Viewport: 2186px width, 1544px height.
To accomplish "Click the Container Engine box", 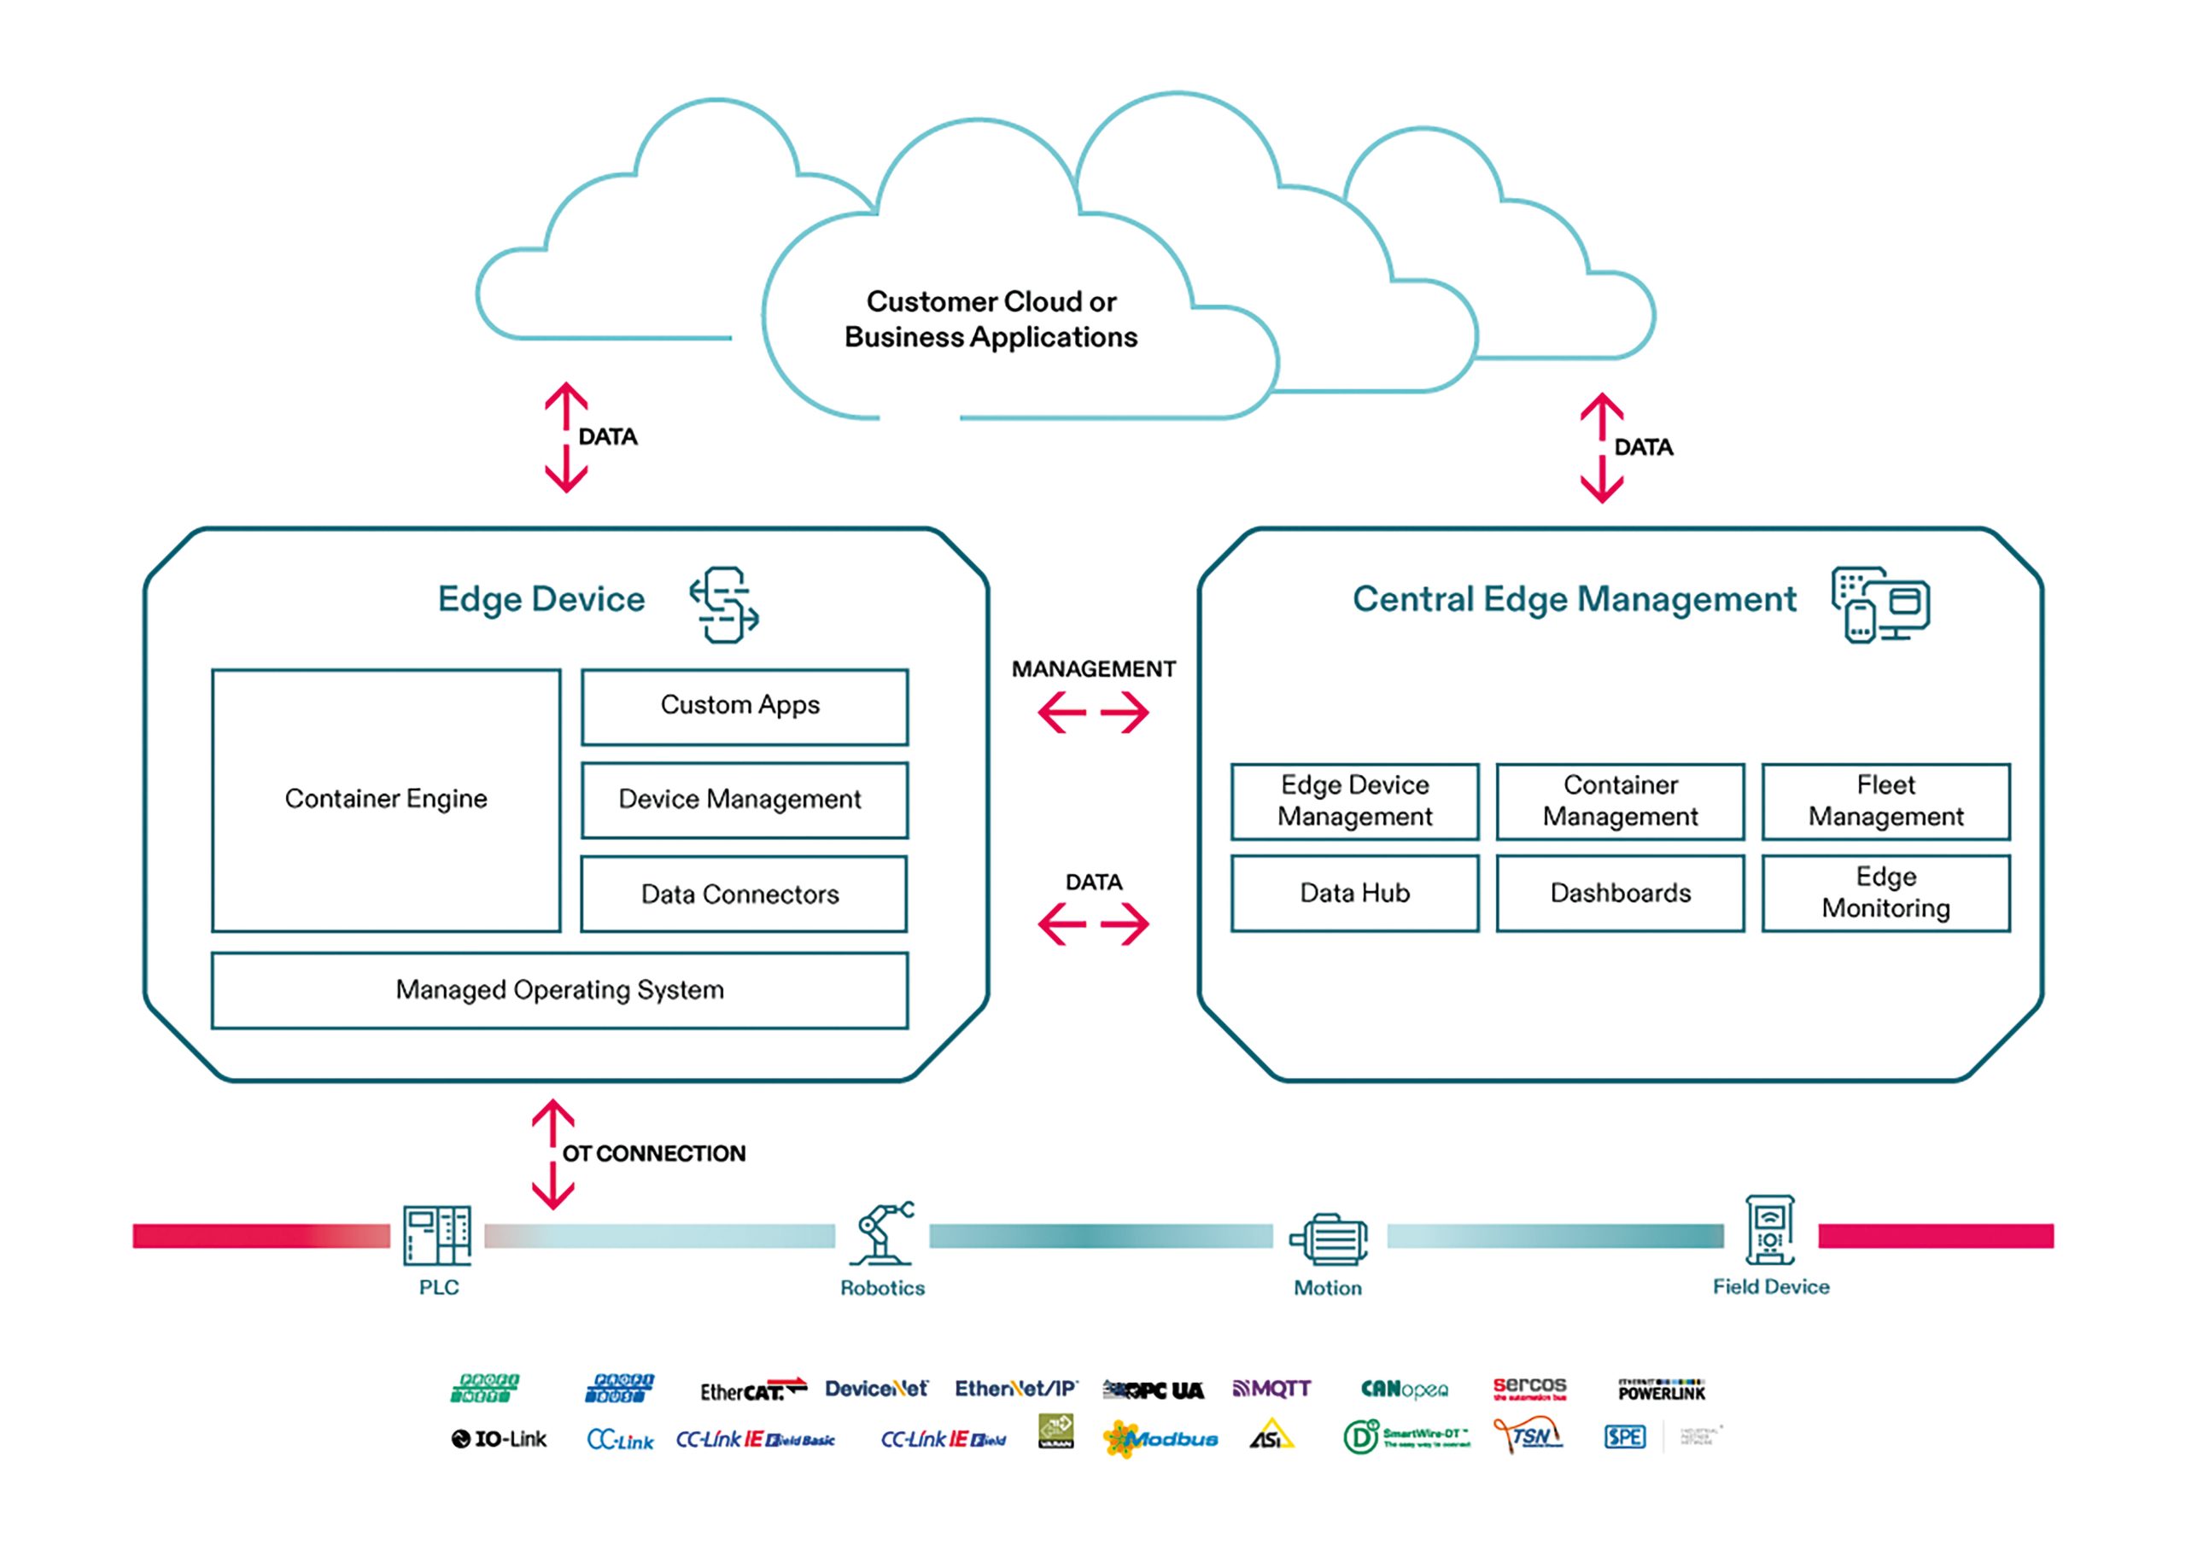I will [386, 800].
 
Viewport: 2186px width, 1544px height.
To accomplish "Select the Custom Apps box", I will [744, 707].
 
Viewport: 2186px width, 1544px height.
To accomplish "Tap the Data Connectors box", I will [744, 894].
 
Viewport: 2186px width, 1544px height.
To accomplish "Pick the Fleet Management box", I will [1885, 801].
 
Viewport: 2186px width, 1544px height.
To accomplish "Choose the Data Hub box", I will [1354, 893].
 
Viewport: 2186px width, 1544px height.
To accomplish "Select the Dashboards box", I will [1620, 893].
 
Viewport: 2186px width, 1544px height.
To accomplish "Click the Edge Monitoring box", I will [1885, 893].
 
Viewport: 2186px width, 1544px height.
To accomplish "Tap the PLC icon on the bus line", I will [437, 1235].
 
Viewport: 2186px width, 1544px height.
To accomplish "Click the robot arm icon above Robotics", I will [883, 1232].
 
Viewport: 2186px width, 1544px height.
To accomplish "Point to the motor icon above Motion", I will [1328, 1238].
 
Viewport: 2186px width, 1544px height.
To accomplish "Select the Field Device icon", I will [1770, 1230].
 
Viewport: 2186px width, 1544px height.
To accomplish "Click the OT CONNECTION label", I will [653, 1154].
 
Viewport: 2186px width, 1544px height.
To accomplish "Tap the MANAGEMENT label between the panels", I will [1093, 669].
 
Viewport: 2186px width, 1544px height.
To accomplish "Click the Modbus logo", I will [1160, 1438].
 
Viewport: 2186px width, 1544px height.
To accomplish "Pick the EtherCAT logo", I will [753, 1390].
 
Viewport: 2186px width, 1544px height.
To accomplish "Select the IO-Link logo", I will [499, 1438].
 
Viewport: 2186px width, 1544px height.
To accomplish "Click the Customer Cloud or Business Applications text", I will [991, 319].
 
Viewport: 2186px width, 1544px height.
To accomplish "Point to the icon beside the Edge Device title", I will [723, 604].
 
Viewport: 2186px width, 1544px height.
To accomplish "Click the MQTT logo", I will [1272, 1389].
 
